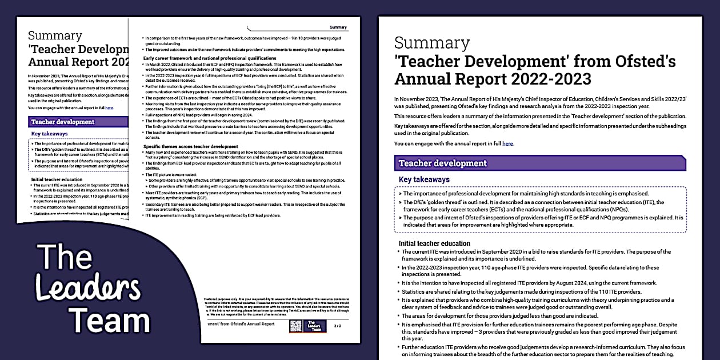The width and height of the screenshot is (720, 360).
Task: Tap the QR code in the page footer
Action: point(295,326)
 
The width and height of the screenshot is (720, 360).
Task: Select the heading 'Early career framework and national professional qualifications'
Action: point(201,58)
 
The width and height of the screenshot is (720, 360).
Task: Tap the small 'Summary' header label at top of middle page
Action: point(338,27)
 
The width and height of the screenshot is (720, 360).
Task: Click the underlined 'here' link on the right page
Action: point(507,143)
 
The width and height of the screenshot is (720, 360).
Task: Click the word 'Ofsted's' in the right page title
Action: point(641,61)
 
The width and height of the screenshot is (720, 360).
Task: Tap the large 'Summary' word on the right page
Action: point(431,43)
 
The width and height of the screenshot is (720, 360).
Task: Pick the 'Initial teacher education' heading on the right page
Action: point(434,243)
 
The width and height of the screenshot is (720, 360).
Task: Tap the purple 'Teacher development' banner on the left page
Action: point(63,122)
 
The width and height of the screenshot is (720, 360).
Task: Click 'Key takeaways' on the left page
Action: point(50,134)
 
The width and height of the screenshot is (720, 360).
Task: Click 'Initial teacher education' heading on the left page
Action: point(57,179)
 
